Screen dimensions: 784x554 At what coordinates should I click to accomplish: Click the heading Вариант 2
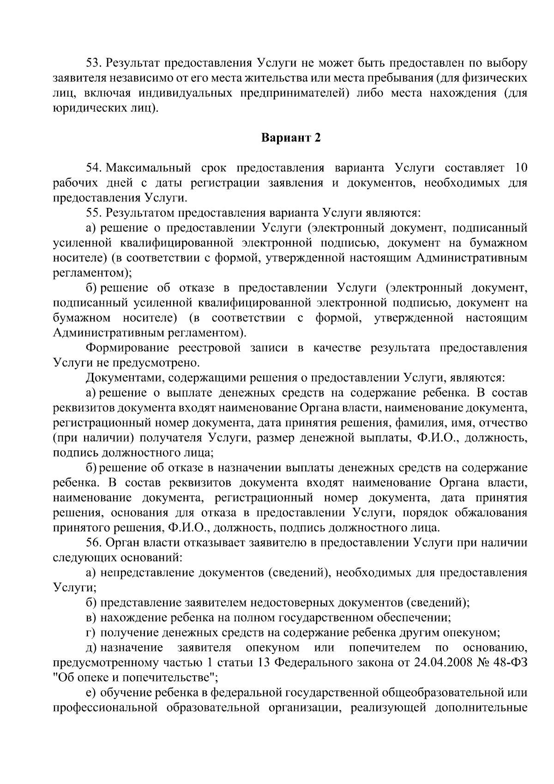pyautogui.click(x=291, y=138)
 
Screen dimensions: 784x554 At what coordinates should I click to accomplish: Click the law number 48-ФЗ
pyautogui.click(x=508, y=662)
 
